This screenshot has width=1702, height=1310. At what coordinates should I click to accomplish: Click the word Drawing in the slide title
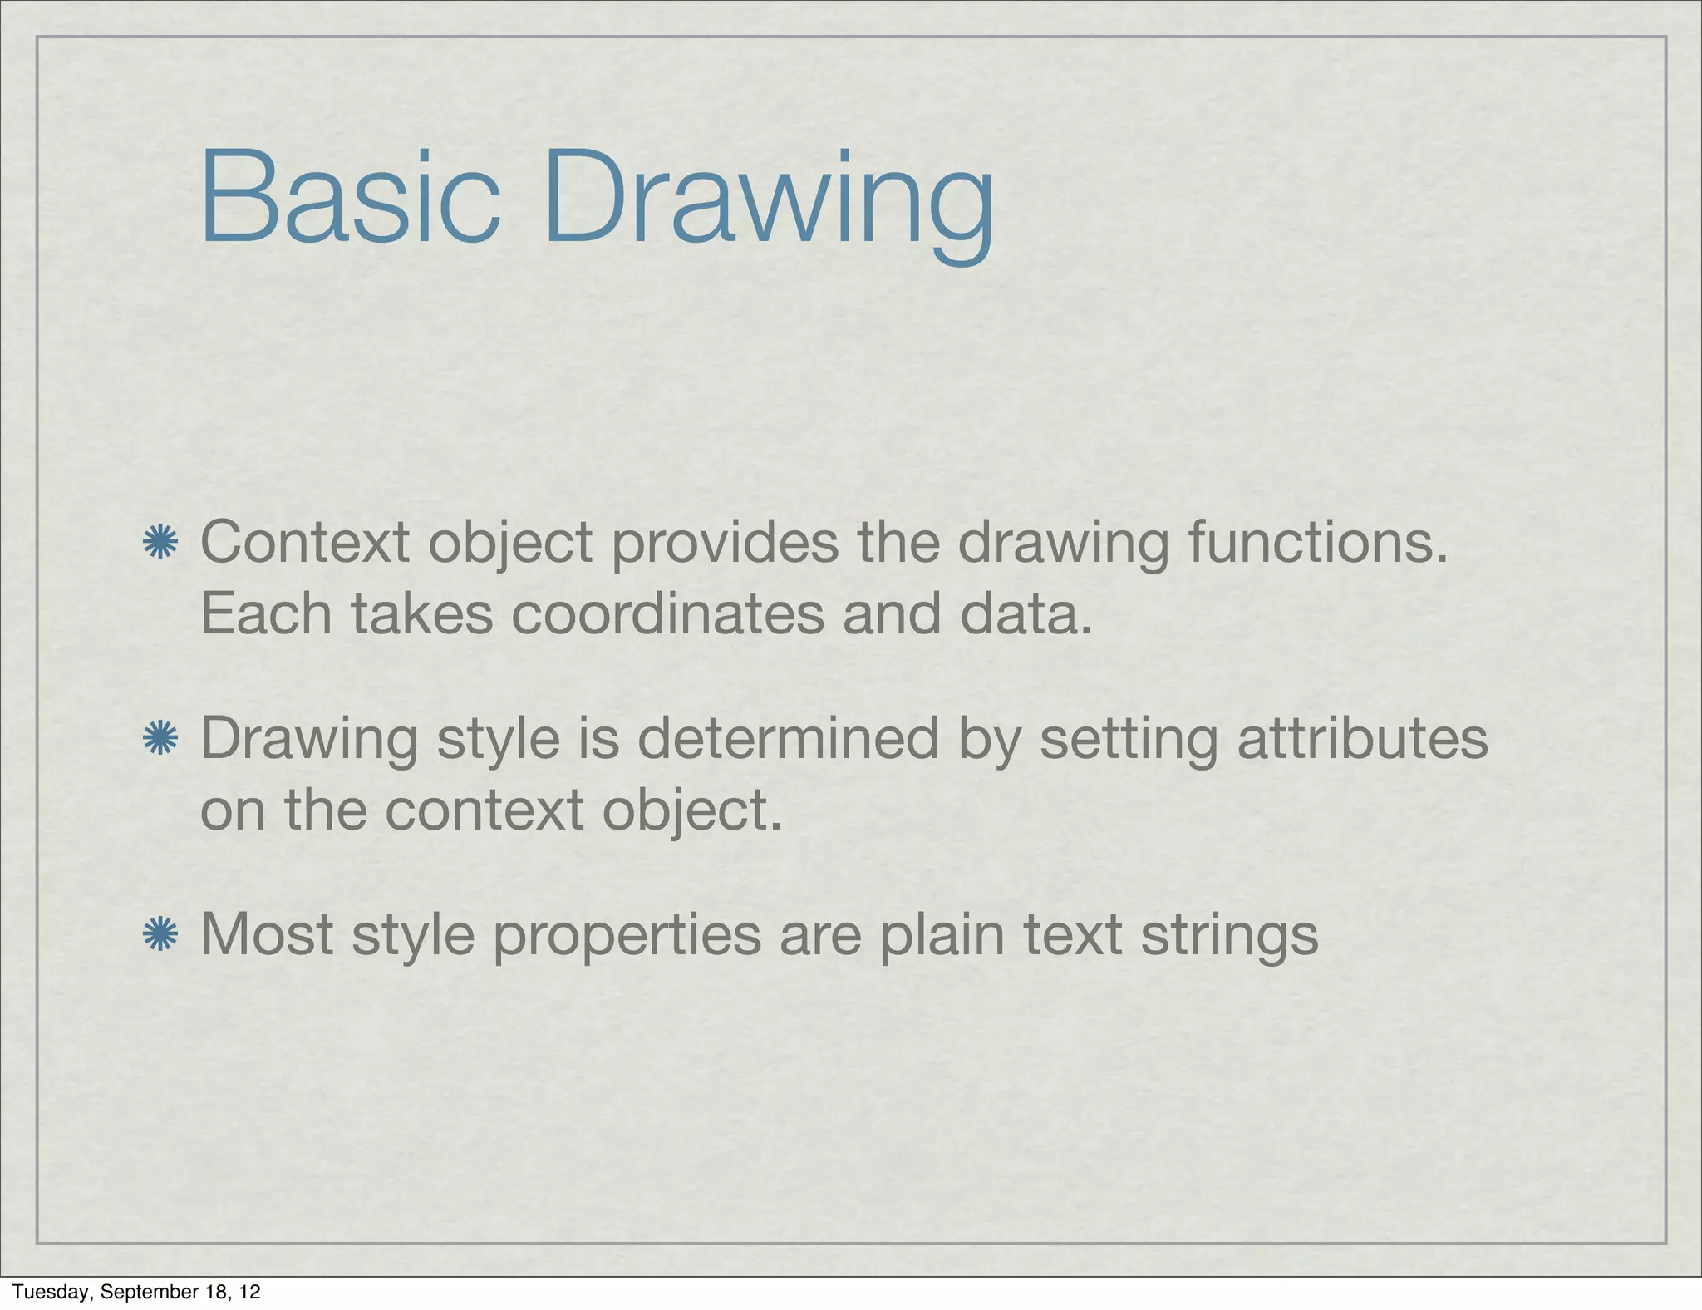click(769, 204)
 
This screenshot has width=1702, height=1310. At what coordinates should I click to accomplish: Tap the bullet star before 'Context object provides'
click(160, 543)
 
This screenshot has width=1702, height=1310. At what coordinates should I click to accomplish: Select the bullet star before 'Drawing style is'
click(160, 739)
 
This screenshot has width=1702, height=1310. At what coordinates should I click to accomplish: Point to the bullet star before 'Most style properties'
click(160, 935)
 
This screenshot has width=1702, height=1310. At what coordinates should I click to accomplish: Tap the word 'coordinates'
click(667, 615)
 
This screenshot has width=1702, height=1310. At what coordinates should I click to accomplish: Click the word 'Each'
click(266, 615)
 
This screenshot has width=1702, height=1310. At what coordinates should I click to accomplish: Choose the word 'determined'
click(788, 739)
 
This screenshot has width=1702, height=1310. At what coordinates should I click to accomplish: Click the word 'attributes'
click(1363, 739)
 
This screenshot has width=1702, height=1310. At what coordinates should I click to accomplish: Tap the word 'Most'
click(267, 935)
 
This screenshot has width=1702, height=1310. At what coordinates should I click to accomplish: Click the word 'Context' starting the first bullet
click(305, 543)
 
